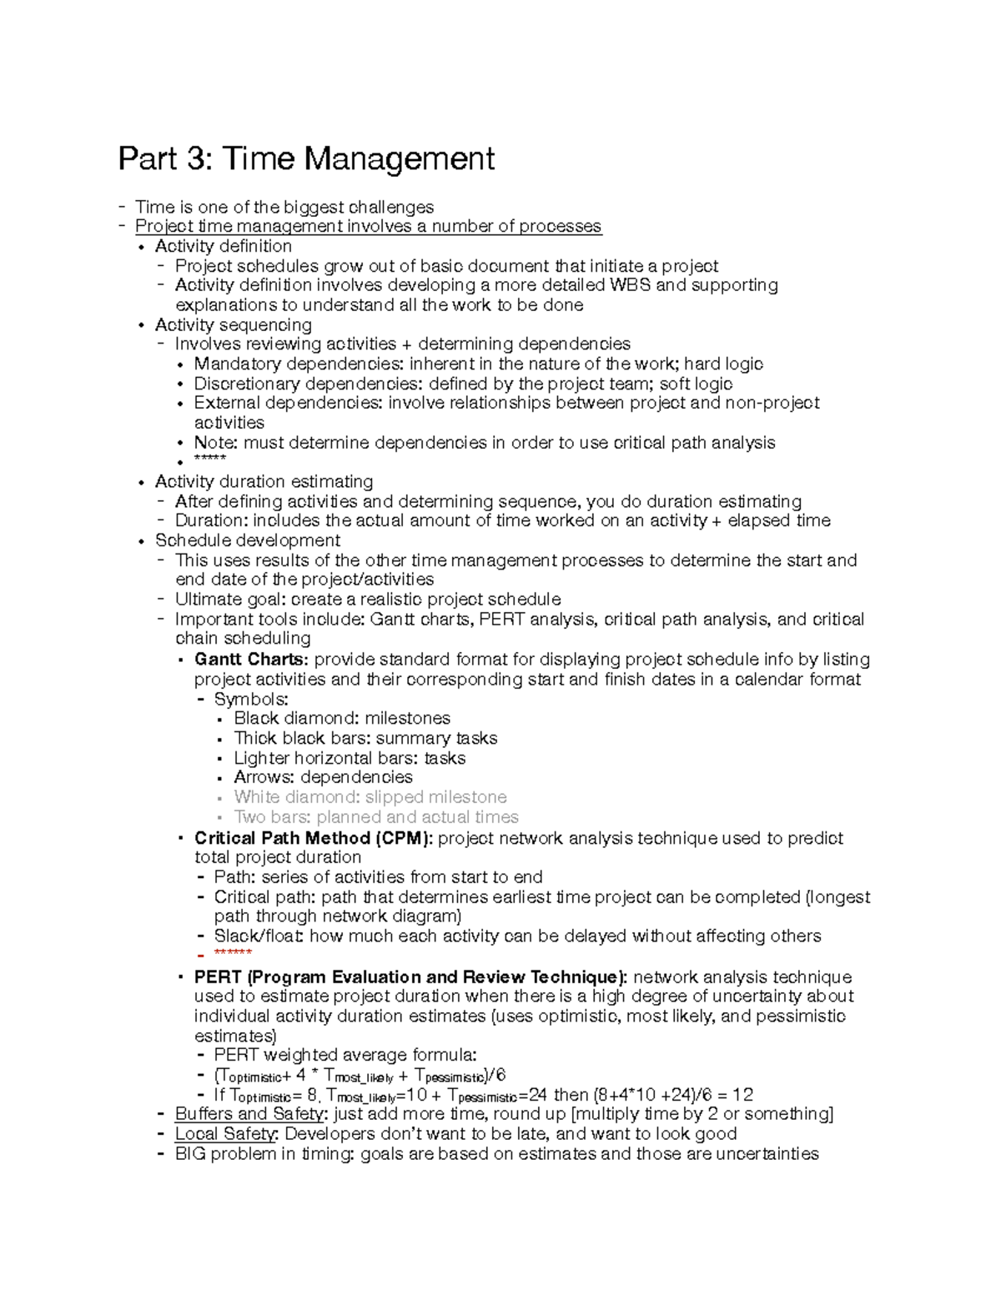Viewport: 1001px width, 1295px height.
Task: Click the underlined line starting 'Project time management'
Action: click(x=367, y=226)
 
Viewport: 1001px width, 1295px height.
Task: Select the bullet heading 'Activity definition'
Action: click(x=223, y=246)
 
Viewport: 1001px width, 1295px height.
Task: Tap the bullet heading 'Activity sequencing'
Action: click(x=233, y=324)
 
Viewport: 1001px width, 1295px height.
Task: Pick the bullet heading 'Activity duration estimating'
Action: click(x=264, y=481)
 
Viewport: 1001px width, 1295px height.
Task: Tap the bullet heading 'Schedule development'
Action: click(x=247, y=540)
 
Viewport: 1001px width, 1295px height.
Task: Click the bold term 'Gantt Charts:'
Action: click(x=251, y=660)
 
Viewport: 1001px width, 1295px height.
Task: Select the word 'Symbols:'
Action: click(x=251, y=699)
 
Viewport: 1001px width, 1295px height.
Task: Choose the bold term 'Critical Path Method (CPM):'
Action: click(x=314, y=838)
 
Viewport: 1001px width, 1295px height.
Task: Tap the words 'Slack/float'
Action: click(x=259, y=936)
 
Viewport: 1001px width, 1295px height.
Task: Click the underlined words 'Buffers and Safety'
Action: click(x=249, y=1114)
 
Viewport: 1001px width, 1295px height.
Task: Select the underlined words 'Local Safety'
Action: click(x=226, y=1134)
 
